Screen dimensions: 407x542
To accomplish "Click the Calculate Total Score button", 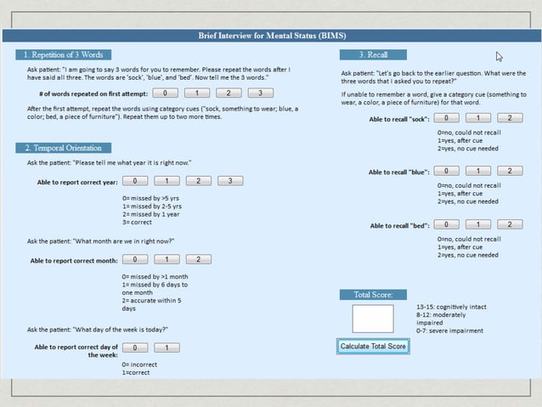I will pyautogui.click(x=373, y=346).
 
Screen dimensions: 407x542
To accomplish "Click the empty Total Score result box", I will pyautogui.click(x=373, y=319).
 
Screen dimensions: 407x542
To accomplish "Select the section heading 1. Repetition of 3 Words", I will pyautogui.click(x=63, y=54).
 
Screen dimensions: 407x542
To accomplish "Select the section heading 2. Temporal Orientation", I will pyautogui.click(x=63, y=148).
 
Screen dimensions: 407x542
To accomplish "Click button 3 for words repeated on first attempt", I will pyautogui.click(x=260, y=93).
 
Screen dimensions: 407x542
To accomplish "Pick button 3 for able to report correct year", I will pyautogui.click(x=229, y=181).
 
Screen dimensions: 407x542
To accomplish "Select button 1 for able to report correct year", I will pyautogui.click(x=167, y=181).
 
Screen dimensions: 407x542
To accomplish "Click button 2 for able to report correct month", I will pyautogui.click(x=197, y=259).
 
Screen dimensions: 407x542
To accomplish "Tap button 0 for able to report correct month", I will pyautogui.click(x=135, y=259).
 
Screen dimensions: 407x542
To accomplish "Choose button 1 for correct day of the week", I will pyautogui.click(x=167, y=348).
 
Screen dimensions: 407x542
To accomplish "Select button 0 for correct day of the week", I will pyautogui.click(x=135, y=348).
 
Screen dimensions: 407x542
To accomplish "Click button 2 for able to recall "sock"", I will pyautogui.click(x=509, y=118).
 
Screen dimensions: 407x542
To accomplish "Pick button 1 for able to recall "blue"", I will pyautogui.click(x=478, y=171).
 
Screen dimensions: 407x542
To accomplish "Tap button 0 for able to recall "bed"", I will pyautogui.click(x=447, y=224).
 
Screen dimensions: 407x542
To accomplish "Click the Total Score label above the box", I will pyautogui.click(x=372, y=295).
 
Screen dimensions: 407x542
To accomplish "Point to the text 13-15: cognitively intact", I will pyautogui.click(x=451, y=307).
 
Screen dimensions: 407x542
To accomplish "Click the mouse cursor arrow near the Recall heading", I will pyautogui.click(x=500, y=57).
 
